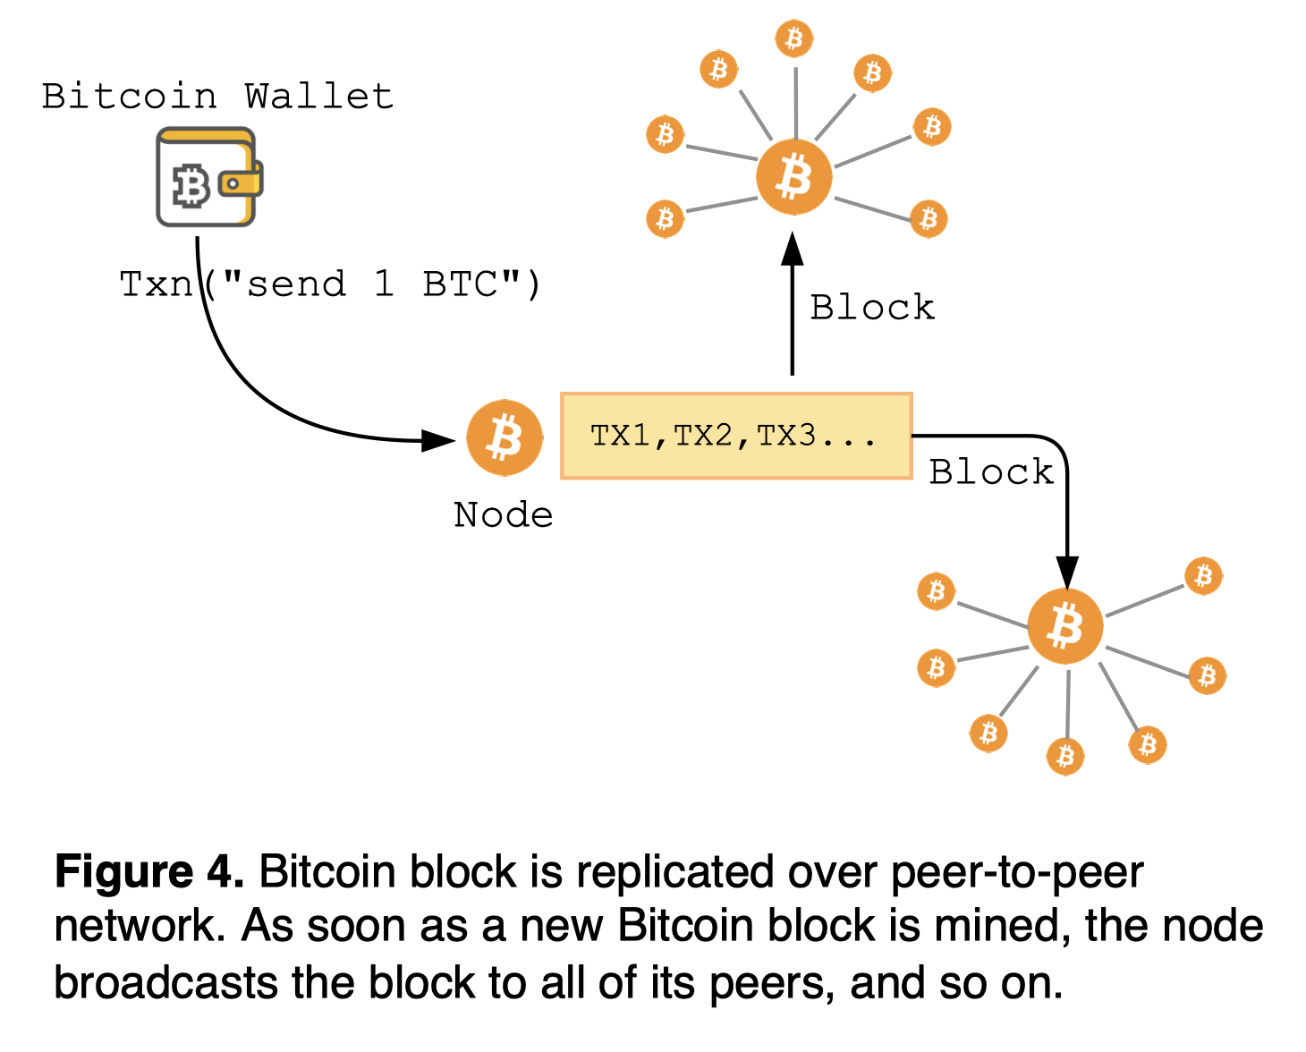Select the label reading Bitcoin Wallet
tap(217, 96)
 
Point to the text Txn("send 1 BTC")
tap(330, 284)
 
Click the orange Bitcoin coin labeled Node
tap(505, 438)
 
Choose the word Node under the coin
tap(503, 515)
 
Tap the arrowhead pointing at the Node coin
tap(438, 439)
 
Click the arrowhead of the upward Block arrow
tap(792, 250)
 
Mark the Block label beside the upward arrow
tap(872, 308)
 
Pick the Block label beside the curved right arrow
tap(991, 472)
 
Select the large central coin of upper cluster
tap(794, 176)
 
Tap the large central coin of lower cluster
tap(1065, 626)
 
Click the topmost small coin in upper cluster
tap(794, 38)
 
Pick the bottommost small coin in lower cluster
tap(1065, 757)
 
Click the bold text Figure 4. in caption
tap(149, 871)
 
